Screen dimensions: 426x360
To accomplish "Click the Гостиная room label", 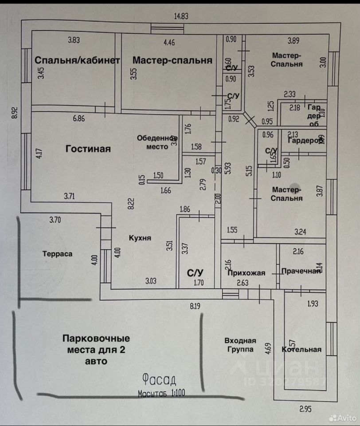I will coord(88,149).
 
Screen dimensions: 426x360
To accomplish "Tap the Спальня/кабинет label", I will coord(77,60).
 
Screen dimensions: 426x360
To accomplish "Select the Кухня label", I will coord(140,238).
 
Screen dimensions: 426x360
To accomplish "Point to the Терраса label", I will coord(57,254).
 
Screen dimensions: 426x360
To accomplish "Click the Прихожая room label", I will coord(246,273).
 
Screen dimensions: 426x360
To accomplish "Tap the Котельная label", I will coord(301,349).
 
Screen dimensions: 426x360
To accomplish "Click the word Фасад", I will coord(159,379).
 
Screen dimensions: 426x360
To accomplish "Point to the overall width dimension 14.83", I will coord(181,16).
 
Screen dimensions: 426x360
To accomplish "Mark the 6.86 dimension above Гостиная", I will coord(78,118).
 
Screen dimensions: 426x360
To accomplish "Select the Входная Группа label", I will coord(240,345).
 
